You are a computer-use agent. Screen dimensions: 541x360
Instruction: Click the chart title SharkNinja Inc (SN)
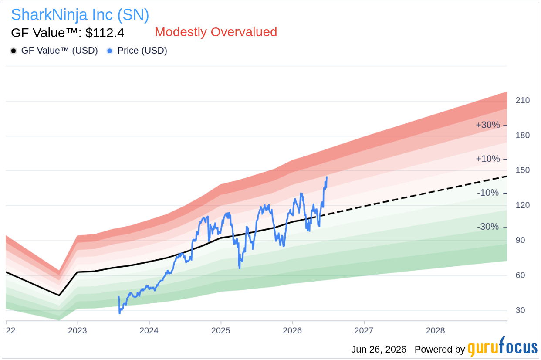tap(80, 15)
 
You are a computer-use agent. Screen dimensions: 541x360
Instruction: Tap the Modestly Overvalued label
tap(216, 32)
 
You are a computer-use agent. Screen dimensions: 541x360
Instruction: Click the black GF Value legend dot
tap(14, 51)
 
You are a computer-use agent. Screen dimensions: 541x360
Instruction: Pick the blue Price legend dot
tap(110, 51)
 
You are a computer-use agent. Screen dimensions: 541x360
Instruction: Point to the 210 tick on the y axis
tap(522, 100)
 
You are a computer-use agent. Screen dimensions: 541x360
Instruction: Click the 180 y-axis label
tap(522, 135)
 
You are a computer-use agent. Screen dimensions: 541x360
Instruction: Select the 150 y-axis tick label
tap(522, 170)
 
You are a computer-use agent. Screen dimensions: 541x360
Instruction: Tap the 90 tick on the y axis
tap(520, 240)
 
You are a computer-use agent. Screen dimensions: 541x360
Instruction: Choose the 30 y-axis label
tap(520, 310)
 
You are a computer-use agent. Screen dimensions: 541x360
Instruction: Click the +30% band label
tap(487, 125)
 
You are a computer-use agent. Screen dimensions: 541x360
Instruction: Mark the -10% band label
tap(488, 193)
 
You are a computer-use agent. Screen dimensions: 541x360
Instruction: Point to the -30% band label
tap(488, 227)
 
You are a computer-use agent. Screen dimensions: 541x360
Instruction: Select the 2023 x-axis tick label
tap(77, 330)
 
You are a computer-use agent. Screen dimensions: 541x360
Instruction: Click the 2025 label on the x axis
tap(221, 330)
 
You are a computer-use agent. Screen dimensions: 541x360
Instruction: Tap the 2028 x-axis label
tap(436, 330)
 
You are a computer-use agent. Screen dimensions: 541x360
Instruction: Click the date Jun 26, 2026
tap(379, 350)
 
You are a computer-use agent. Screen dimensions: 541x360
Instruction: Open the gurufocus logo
tap(503, 347)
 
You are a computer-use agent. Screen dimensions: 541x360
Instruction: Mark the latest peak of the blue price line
tap(327, 177)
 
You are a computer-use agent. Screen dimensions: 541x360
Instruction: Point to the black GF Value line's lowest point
tap(59, 295)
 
